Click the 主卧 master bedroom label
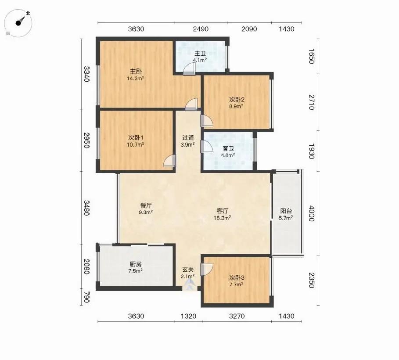click(x=136, y=71)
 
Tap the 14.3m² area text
click(x=136, y=78)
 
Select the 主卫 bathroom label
click(x=200, y=54)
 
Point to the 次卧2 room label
click(x=237, y=99)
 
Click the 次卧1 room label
click(x=136, y=138)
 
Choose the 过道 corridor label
click(x=188, y=138)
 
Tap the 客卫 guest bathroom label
click(x=228, y=148)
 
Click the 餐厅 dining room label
click(x=146, y=205)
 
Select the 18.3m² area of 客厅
click(x=223, y=218)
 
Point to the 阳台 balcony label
click(x=286, y=211)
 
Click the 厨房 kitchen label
click(x=136, y=264)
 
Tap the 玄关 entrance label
click(x=188, y=270)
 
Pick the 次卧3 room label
click(x=237, y=277)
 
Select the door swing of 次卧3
click(x=207, y=270)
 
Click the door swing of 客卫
click(x=207, y=147)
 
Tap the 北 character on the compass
click(x=28, y=13)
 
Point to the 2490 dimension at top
click(x=201, y=29)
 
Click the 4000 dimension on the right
click(x=312, y=214)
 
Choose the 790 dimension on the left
click(x=87, y=297)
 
